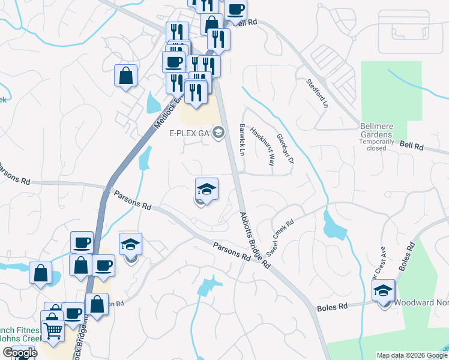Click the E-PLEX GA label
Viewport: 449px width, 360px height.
[x=187, y=133]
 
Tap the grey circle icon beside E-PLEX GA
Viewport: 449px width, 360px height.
[x=218, y=133]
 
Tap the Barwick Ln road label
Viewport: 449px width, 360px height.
[x=243, y=140]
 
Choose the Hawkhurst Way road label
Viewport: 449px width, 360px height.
[x=262, y=146]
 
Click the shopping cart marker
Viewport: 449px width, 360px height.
[x=53, y=329]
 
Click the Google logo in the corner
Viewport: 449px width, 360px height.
[x=19, y=353]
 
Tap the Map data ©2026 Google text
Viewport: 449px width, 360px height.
[x=412, y=355]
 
